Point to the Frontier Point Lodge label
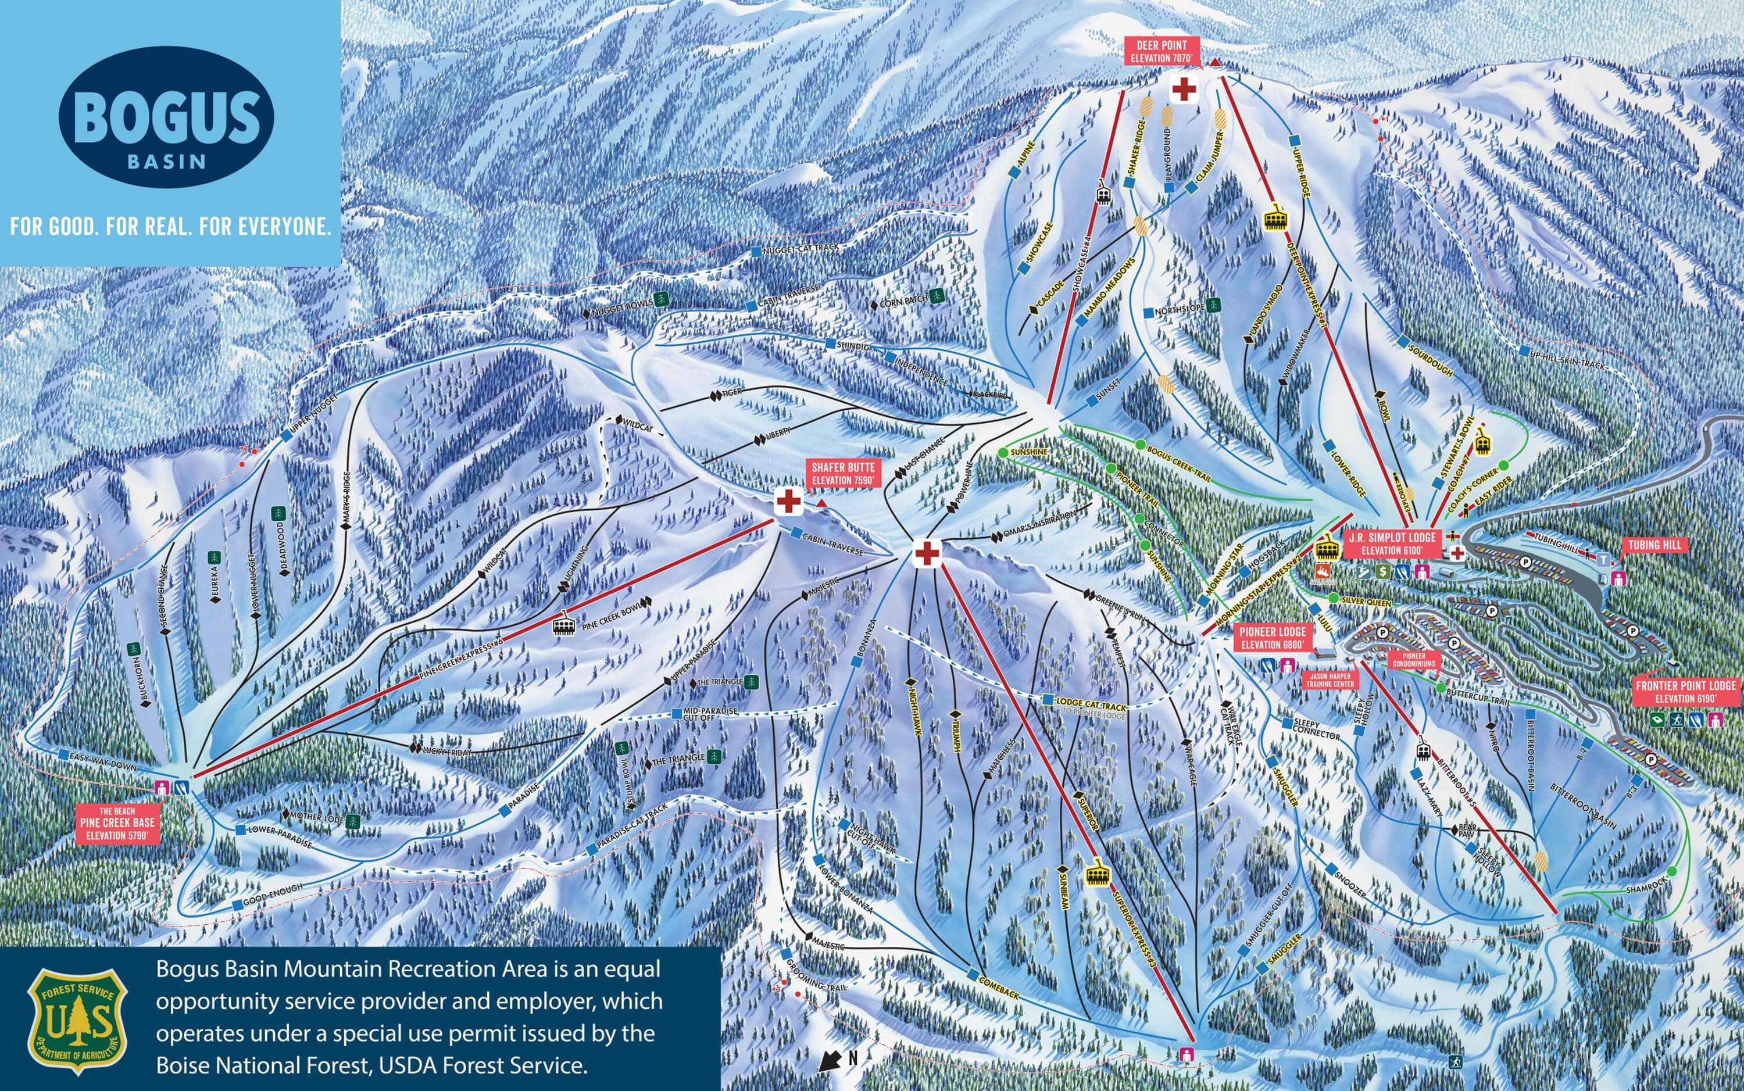[x=1685, y=691]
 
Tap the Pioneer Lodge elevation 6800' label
[x=1272, y=637]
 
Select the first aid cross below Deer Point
[x=1184, y=90]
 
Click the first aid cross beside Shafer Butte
[x=789, y=501]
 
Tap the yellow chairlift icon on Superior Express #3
[x=1098, y=876]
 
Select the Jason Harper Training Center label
[x=1329, y=679]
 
